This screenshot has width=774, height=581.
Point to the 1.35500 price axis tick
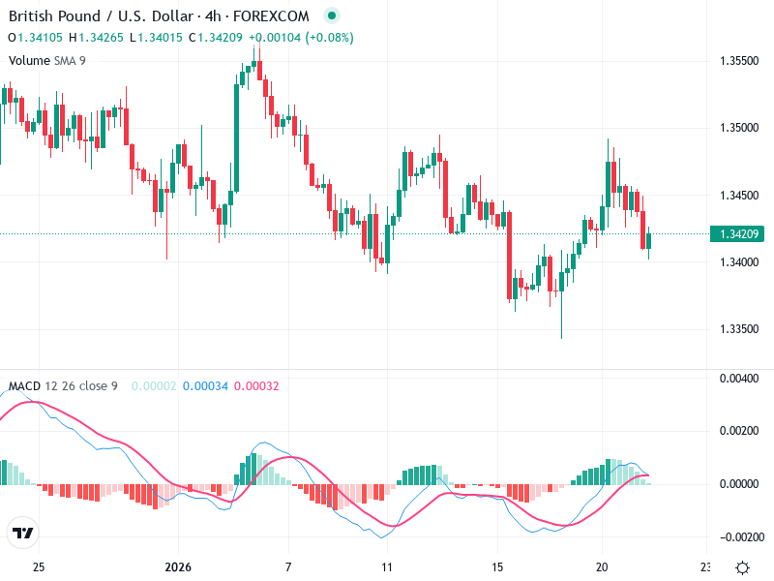[738, 60]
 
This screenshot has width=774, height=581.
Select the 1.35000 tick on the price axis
[738, 128]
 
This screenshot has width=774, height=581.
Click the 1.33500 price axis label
[738, 329]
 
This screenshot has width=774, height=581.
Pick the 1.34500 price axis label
[738, 195]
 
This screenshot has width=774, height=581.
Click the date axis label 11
[386, 567]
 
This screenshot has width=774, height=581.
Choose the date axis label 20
[601, 567]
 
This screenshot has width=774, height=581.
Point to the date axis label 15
[497, 567]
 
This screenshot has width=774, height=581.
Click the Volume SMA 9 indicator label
[47, 60]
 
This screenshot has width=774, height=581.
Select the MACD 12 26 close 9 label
[63, 386]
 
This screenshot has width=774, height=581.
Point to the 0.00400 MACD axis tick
[738, 378]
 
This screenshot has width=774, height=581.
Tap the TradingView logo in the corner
[23, 533]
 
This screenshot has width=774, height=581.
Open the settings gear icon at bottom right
[742, 567]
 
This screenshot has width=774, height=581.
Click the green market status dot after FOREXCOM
[333, 16]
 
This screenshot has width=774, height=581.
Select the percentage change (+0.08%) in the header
[330, 38]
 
